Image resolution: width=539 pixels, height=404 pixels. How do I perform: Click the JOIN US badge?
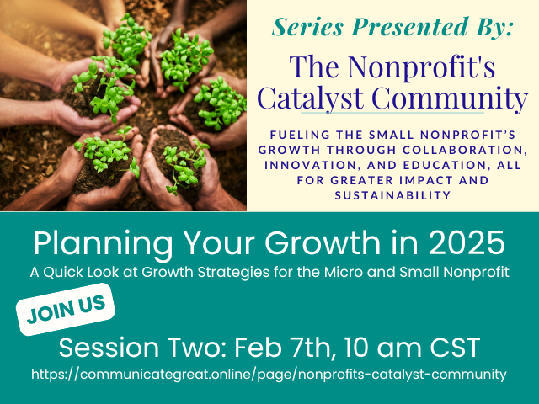pyautogui.click(x=66, y=309)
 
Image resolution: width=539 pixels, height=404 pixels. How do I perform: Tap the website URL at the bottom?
pyautogui.click(x=269, y=374)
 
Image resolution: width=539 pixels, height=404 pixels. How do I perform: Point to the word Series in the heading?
pyautogui.click(x=307, y=26)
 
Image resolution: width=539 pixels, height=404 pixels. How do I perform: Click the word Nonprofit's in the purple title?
pyautogui.click(x=421, y=66)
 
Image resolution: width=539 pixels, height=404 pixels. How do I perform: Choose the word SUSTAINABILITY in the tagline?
pyautogui.click(x=392, y=195)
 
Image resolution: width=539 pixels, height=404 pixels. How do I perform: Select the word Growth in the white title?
pyautogui.click(x=323, y=242)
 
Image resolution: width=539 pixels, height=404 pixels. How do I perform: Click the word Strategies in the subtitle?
pyautogui.click(x=233, y=273)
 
